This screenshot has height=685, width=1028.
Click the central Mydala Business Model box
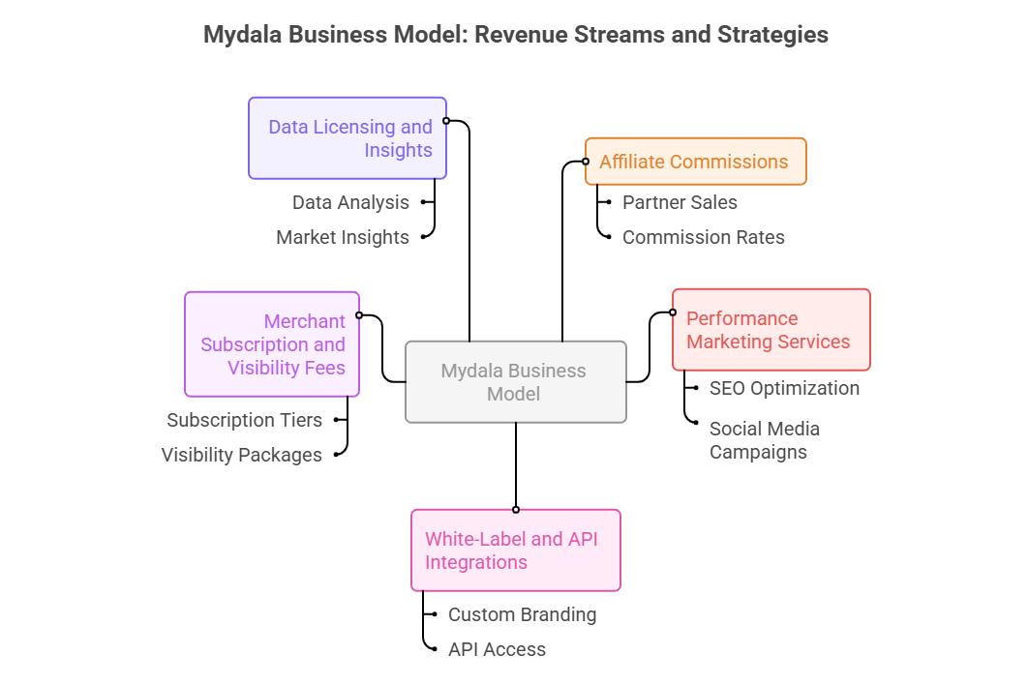515,382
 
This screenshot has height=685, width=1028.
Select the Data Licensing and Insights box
348,138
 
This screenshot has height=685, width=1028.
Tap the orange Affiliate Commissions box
695,162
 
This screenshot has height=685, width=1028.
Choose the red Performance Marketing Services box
771,330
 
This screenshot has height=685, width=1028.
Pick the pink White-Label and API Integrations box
515,551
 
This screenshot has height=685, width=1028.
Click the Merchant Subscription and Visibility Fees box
272,344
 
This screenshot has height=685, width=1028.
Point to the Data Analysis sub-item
350,202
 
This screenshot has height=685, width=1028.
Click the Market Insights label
343,237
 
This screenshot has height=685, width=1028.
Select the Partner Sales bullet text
680,202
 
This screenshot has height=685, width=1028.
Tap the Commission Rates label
703,237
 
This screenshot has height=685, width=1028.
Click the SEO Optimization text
784,388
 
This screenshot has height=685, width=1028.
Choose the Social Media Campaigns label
764,440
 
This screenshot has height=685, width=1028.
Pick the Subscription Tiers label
244,420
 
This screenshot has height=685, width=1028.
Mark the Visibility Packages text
242,455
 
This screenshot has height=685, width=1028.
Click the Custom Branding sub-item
522,614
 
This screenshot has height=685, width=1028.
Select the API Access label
497,649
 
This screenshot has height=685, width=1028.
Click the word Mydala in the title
240,35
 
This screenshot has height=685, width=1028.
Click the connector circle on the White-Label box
516,509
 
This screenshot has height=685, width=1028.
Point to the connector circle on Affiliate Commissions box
586,162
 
